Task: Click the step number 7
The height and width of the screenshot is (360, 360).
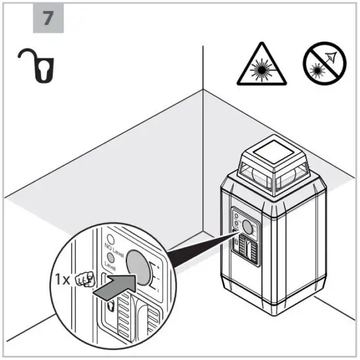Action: pos(48,18)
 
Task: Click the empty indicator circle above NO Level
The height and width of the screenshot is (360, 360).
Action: pos(113,238)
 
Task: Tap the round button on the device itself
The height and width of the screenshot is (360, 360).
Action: pos(248,226)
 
